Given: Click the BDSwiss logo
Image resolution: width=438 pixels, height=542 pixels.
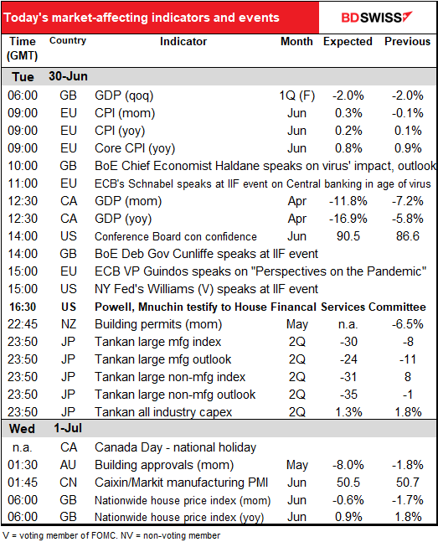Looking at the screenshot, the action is click(377, 18).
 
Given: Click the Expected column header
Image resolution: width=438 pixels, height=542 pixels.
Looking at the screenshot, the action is click(348, 42).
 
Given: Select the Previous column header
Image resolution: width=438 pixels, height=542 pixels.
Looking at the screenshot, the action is click(408, 42).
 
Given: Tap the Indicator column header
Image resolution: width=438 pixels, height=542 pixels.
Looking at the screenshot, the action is click(183, 42).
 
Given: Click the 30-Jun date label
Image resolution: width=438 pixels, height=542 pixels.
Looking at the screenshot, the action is click(68, 76).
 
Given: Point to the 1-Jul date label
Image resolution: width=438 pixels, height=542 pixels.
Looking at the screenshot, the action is click(68, 428).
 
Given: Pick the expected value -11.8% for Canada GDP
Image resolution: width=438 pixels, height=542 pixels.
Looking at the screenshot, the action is click(348, 201).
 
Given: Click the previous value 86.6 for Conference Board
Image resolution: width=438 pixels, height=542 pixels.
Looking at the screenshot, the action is click(408, 236).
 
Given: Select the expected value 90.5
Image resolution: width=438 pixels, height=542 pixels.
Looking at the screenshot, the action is click(348, 236).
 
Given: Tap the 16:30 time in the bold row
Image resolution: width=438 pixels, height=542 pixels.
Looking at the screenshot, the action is click(23, 307).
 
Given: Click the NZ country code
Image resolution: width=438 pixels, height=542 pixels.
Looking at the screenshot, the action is click(68, 324).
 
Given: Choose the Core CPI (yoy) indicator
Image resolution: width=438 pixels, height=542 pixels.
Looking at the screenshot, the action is click(135, 148).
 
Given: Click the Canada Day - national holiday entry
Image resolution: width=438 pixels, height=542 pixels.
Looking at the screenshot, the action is click(175, 447).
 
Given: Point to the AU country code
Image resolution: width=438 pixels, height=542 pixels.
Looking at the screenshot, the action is click(68, 465).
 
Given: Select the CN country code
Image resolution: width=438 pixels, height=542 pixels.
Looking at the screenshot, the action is click(68, 483).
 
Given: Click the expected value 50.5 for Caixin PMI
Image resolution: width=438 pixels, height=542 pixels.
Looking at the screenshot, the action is click(348, 483).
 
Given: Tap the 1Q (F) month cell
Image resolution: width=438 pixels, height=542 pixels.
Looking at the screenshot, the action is click(297, 95).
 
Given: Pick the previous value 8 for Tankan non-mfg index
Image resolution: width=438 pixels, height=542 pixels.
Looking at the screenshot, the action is click(408, 377).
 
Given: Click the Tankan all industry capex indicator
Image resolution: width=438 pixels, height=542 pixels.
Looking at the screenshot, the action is click(163, 412).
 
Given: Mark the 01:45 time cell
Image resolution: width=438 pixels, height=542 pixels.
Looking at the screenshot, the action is click(23, 483).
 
